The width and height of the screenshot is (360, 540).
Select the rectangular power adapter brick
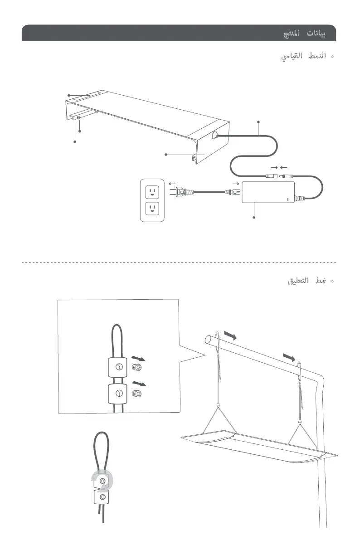point(268,192)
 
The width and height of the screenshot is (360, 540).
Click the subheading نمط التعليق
point(307,281)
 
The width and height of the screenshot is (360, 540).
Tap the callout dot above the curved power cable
point(258,121)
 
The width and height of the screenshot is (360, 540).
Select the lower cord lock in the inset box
point(117,393)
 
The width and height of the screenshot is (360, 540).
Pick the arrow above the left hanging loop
point(230,335)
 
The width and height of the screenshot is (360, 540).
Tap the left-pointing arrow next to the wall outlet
point(172,183)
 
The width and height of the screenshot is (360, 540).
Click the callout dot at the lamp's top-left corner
point(68,95)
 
